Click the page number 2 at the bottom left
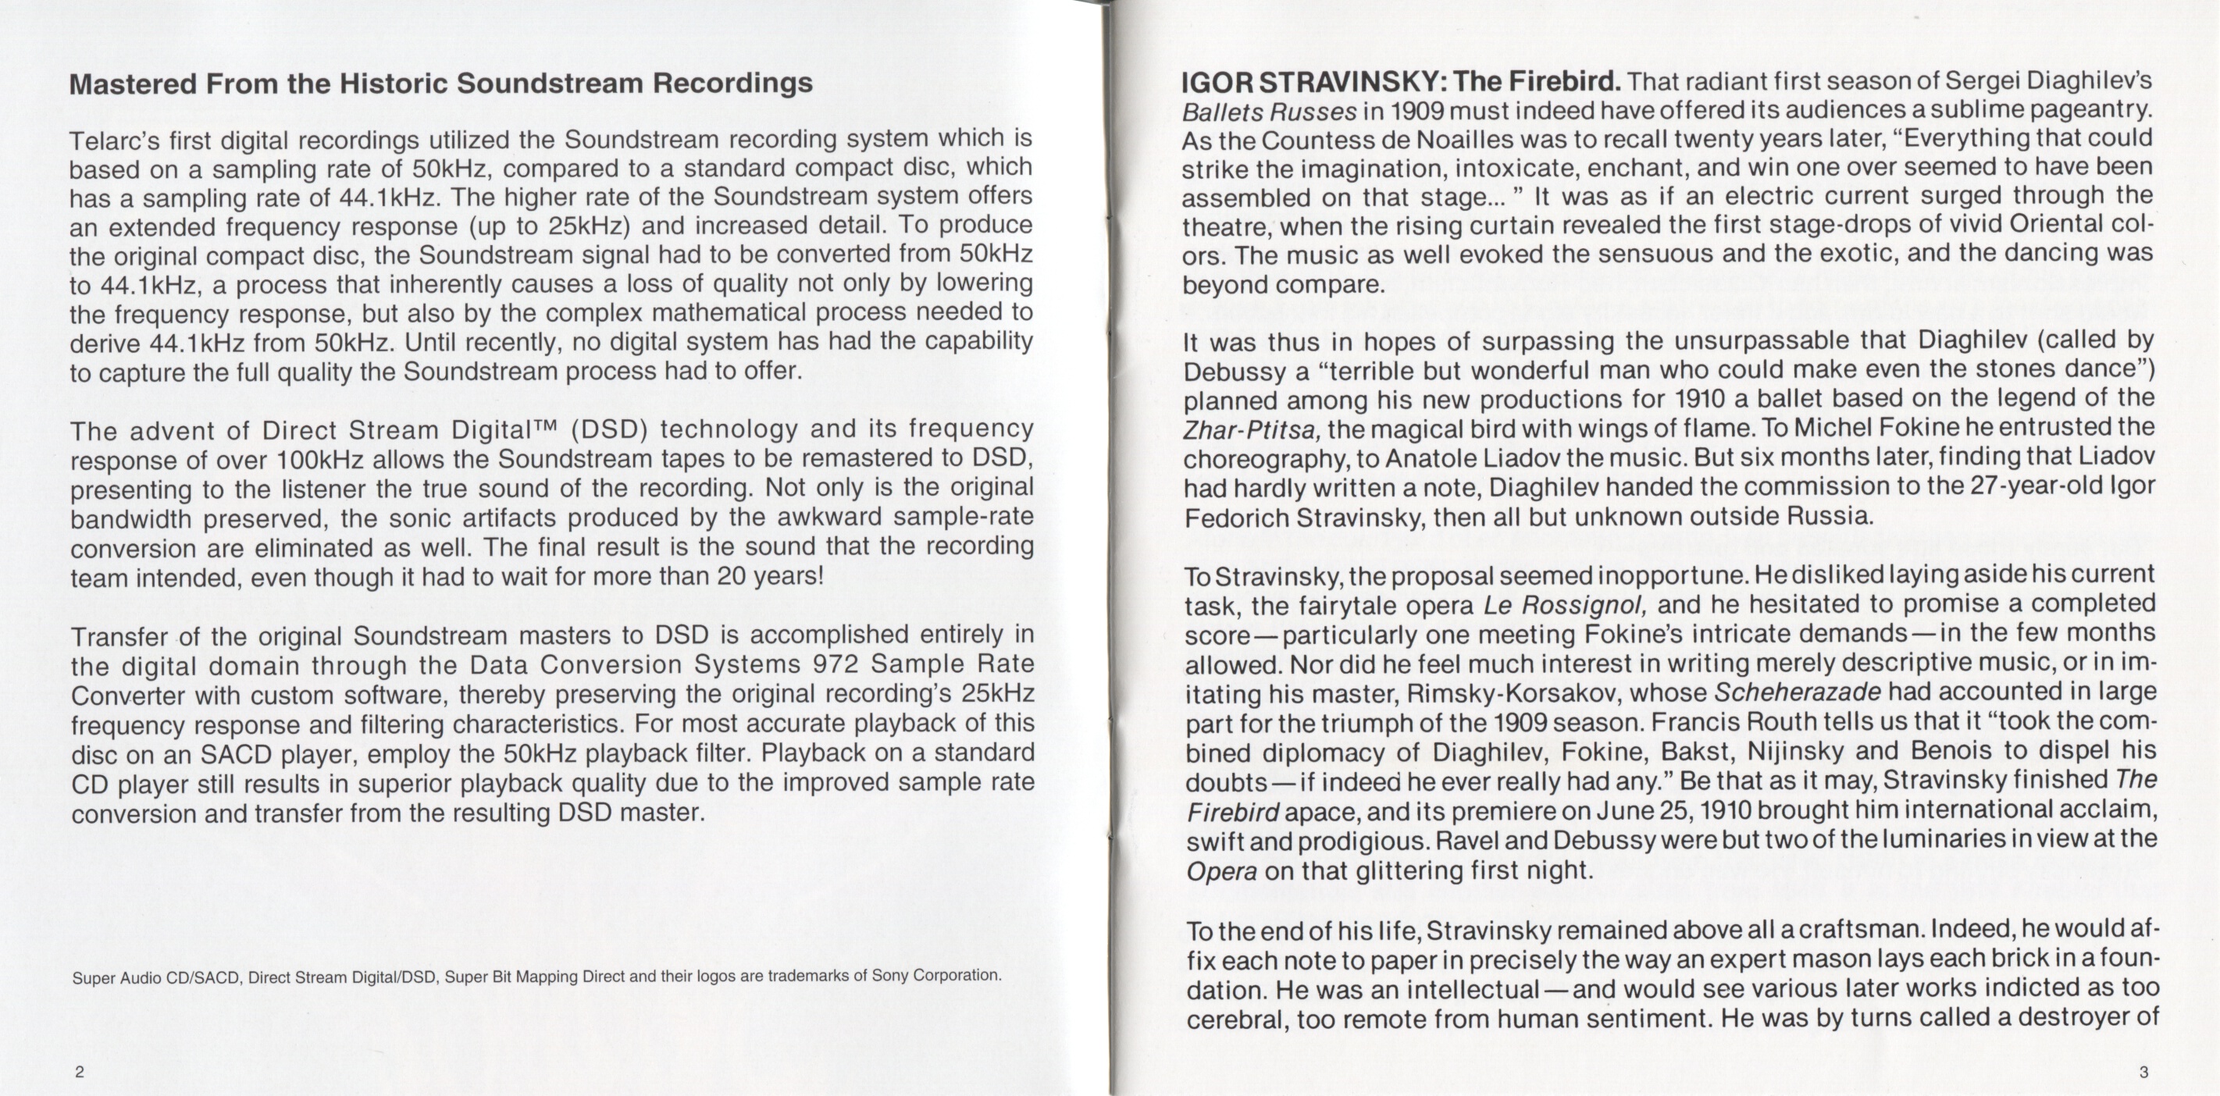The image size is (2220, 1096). [x=80, y=1072]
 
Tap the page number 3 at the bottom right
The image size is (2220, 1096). [x=2143, y=1072]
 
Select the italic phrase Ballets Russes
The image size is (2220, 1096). [x=1270, y=112]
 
